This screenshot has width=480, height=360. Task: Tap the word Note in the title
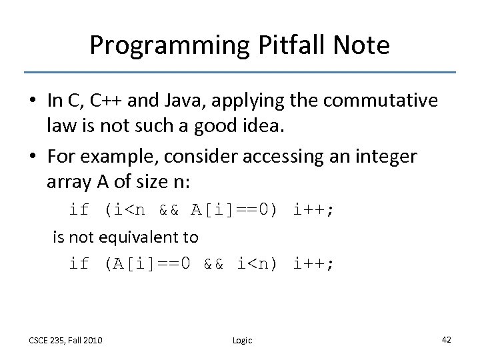coord(357,45)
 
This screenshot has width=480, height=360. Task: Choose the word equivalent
coord(145,237)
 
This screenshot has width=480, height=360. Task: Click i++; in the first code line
coord(313,210)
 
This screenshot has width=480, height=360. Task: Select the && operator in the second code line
coord(215,263)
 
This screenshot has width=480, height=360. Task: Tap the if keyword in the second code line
coord(79,263)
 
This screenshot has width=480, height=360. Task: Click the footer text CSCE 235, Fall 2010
coord(65,340)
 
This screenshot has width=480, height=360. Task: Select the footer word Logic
coord(242,340)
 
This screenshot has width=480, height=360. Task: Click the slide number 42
coord(446,339)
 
